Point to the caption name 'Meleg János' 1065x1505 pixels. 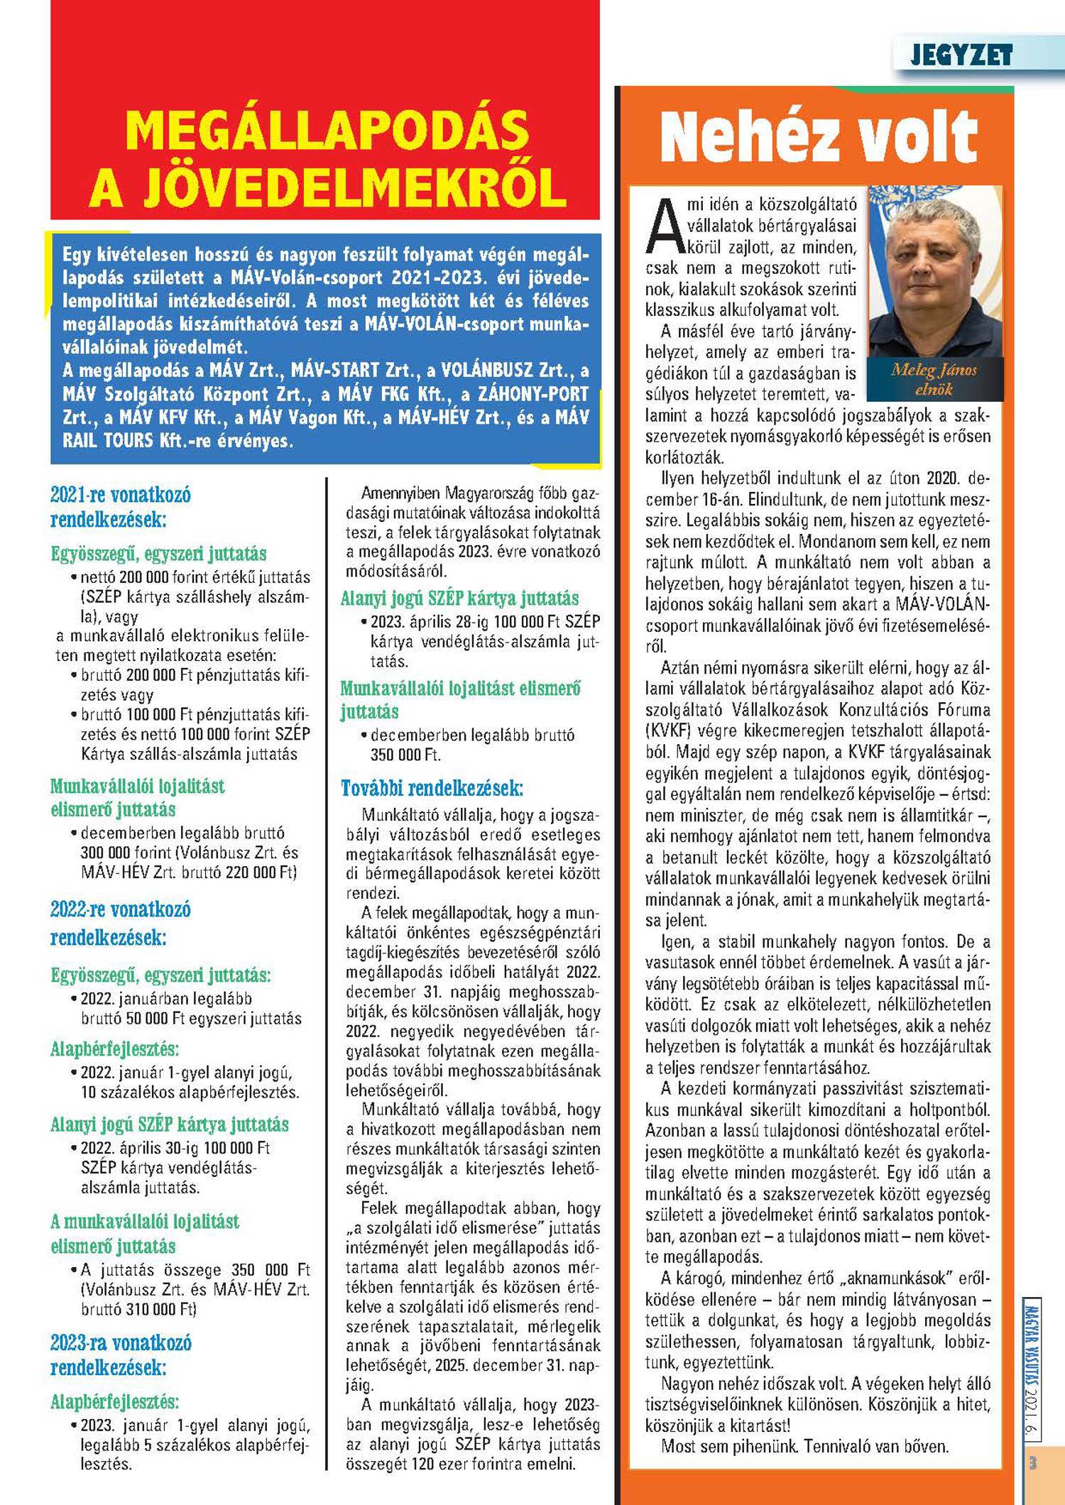click(934, 370)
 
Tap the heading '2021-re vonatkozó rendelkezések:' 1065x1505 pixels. click(120, 506)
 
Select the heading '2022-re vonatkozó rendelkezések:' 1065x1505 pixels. click(120, 922)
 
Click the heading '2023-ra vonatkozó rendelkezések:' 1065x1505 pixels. click(120, 1354)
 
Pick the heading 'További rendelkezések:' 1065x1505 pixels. click(432, 788)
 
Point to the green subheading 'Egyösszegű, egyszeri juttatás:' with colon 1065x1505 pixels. click(160, 975)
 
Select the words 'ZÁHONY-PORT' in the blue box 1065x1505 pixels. click(532, 393)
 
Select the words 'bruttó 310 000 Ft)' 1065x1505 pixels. click(139, 1308)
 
